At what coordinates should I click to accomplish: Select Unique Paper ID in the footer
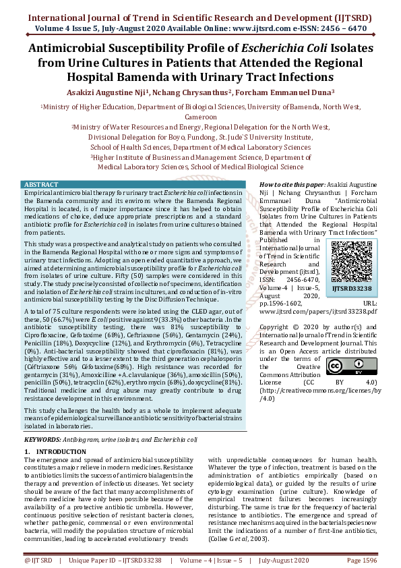pos(94,561)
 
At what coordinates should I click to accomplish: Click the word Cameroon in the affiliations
pos(200,115)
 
